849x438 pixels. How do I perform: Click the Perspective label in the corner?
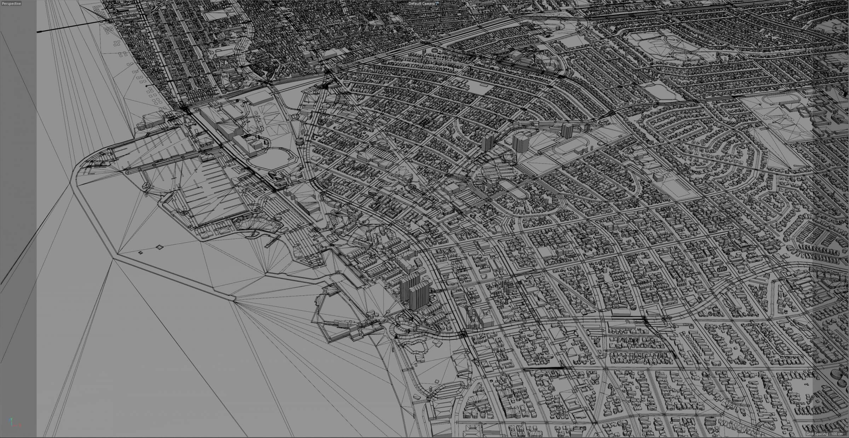coord(11,3)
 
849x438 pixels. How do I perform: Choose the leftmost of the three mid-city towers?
coord(487,143)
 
